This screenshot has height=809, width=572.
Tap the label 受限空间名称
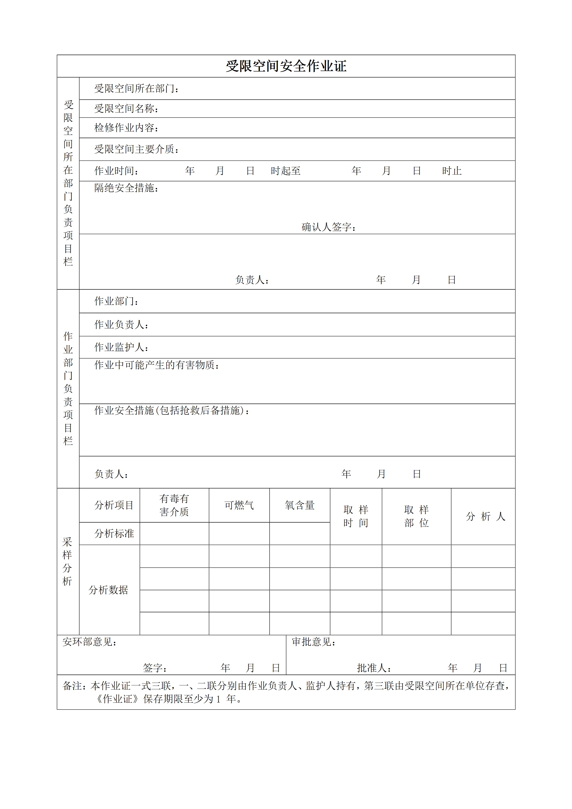coord(126,109)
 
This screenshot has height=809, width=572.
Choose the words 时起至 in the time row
coord(286,171)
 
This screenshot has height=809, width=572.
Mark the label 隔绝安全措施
coord(126,188)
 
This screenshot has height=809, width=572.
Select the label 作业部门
coord(116,301)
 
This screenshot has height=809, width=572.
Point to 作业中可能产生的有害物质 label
coord(157,365)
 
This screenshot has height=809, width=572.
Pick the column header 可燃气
coord(239,505)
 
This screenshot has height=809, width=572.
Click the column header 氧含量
coord(300,505)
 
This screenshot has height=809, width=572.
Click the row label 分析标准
coord(114,533)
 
